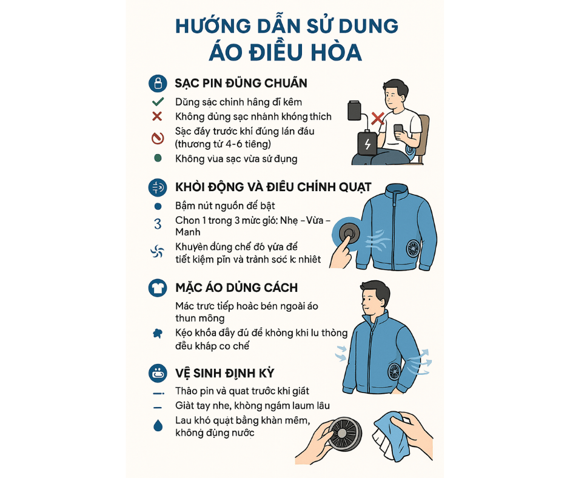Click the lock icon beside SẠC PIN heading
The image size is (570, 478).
tap(158, 83)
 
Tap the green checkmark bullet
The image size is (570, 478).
tap(158, 101)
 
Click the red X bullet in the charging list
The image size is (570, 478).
tap(157, 116)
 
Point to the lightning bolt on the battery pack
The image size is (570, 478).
tap(367, 144)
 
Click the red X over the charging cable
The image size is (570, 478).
tap(378, 118)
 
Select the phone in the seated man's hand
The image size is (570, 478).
tap(398, 129)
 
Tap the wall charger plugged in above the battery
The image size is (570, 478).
tap(355, 110)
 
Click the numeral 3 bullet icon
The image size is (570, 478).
tap(158, 224)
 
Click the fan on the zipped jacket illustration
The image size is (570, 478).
tap(413, 249)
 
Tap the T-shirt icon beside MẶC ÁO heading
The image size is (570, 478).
tap(158, 288)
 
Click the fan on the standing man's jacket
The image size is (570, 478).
tap(394, 371)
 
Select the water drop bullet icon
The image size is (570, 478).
tap(158, 425)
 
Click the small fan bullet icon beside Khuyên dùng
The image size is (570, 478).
tap(158, 251)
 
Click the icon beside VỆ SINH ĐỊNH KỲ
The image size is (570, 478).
tap(158, 373)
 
